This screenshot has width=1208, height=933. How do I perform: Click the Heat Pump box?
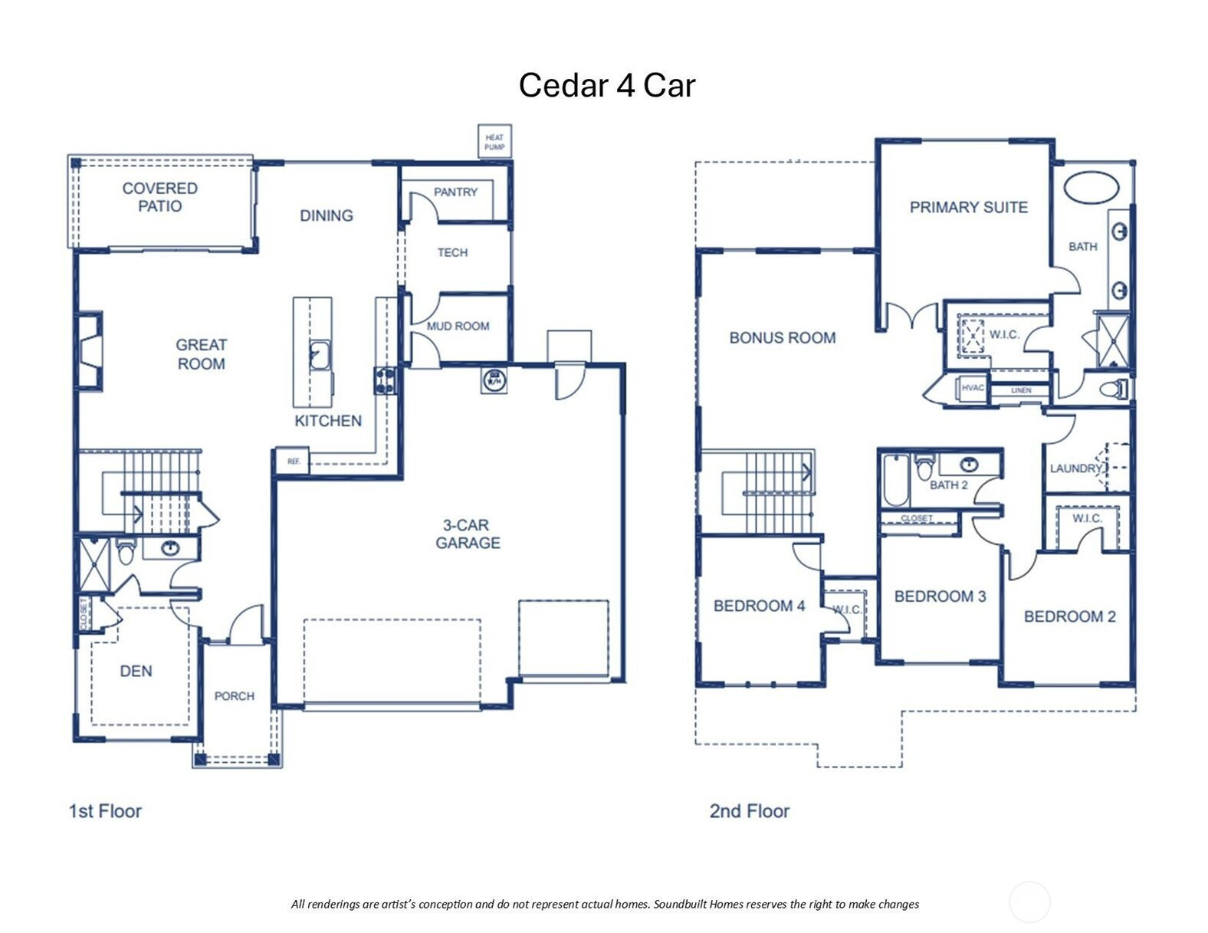point(494,141)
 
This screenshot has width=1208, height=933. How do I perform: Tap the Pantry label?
point(455,192)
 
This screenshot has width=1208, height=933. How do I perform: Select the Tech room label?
point(452,252)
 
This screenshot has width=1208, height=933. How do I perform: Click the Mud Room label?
point(458,326)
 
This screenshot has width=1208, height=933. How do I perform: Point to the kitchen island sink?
point(320,355)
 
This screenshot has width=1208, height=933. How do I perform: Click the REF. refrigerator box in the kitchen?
point(293,461)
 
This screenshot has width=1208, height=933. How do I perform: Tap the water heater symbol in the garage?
point(494,380)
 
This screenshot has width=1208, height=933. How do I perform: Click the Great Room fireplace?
point(90,351)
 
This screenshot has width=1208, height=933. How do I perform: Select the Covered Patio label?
point(160,197)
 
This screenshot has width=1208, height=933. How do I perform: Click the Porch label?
point(234,696)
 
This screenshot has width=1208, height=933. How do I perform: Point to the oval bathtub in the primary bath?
point(1091,188)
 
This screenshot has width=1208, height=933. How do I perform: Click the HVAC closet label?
point(972,388)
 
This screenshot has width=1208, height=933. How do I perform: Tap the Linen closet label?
point(1021,390)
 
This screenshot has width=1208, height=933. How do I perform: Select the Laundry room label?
point(1075,468)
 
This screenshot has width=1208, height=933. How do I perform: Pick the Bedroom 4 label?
point(759,606)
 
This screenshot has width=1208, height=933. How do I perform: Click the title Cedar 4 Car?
point(606,86)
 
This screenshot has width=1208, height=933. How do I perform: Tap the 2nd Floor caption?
point(749,811)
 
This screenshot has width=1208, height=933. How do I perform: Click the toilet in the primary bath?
point(1114,389)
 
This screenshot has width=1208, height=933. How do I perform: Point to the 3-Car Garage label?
point(468,534)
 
